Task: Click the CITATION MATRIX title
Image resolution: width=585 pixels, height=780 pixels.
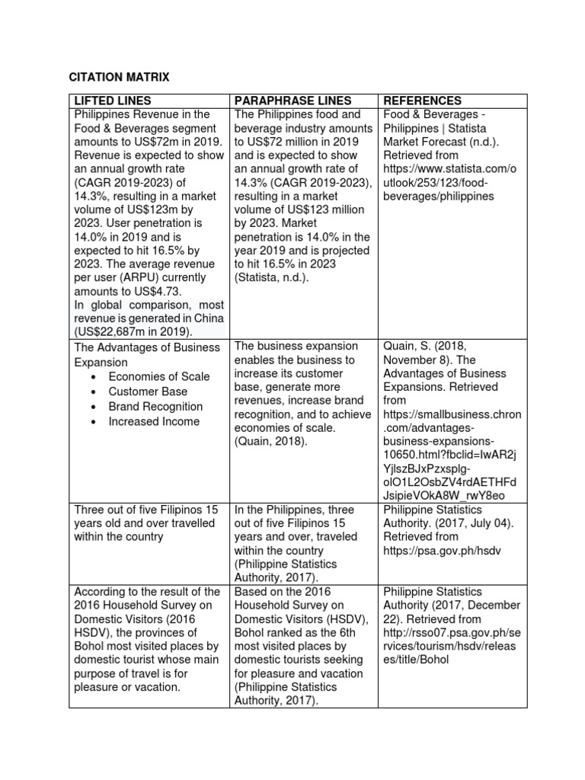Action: (x=119, y=77)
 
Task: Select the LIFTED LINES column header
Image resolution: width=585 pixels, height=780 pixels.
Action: (x=113, y=101)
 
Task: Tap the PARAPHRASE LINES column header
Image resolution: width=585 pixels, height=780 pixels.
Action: (x=293, y=101)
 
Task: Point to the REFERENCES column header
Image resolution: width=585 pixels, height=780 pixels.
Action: (x=422, y=101)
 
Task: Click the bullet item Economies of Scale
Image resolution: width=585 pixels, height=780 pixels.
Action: (x=159, y=376)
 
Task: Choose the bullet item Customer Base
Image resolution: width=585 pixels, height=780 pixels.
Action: (x=149, y=392)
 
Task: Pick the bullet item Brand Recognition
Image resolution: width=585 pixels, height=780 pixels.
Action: (x=155, y=407)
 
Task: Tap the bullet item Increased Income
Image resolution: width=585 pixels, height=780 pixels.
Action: (x=154, y=421)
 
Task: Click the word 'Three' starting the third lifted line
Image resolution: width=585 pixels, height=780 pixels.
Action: (x=90, y=510)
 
